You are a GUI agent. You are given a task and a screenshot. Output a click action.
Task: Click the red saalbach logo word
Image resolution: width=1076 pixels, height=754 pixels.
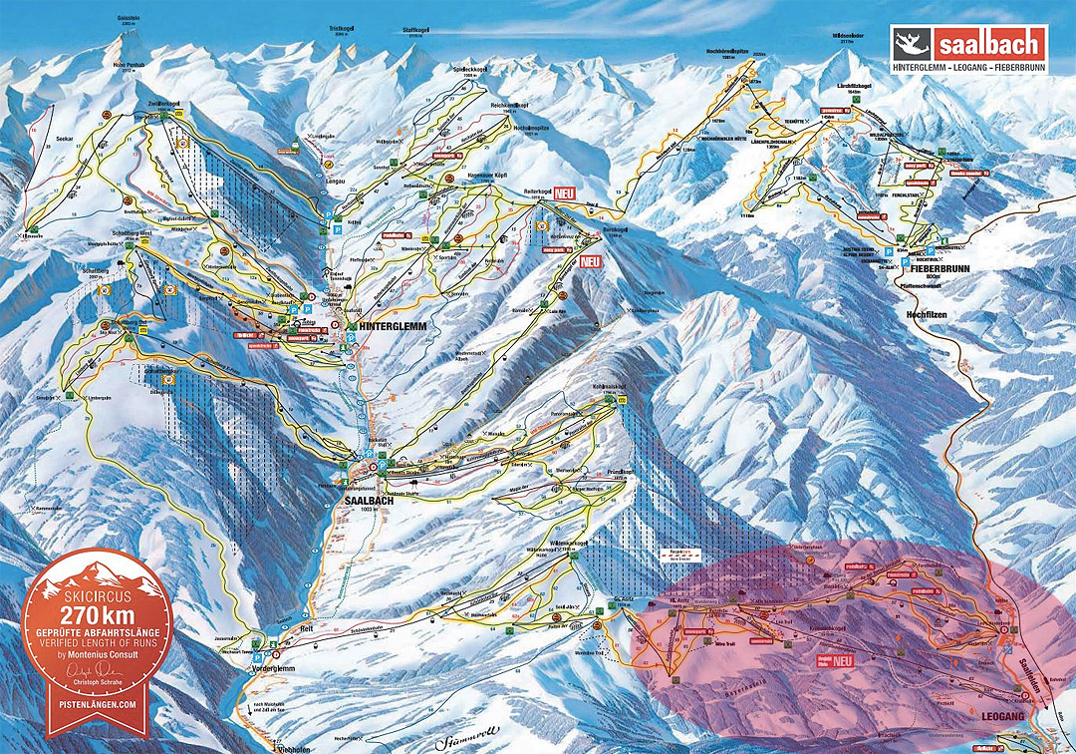pos(992,44)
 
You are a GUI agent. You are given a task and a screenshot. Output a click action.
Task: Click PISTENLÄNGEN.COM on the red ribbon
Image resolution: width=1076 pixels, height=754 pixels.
pos(96,703)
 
